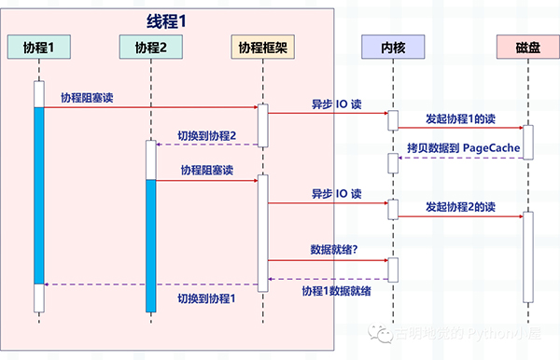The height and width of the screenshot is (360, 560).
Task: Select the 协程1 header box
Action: pyautogui.click(x=40, y=47)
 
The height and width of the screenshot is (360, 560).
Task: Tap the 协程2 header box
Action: pyautogui.click(x=150, y=47)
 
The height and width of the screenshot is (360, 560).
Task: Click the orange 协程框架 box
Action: pyautogui.click(x=263, y=47)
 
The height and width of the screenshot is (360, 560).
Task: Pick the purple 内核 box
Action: pyautogui.click(x=393, y=47)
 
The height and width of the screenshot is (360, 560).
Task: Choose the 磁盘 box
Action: pyautogui.click(x=527, y=47)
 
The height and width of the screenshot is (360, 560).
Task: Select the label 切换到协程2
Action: pyautogui.click(x=206, y=136)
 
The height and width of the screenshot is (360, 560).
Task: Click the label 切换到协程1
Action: pyautogui.click(x=206, y=298)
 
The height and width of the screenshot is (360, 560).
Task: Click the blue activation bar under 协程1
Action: pyautogui.click(x=39, y=196)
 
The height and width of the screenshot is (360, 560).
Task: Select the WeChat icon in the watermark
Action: pyautogui.click(x=381, y=331)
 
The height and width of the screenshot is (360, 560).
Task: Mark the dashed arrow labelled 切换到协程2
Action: pyautogui.click(x=206, y=145)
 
